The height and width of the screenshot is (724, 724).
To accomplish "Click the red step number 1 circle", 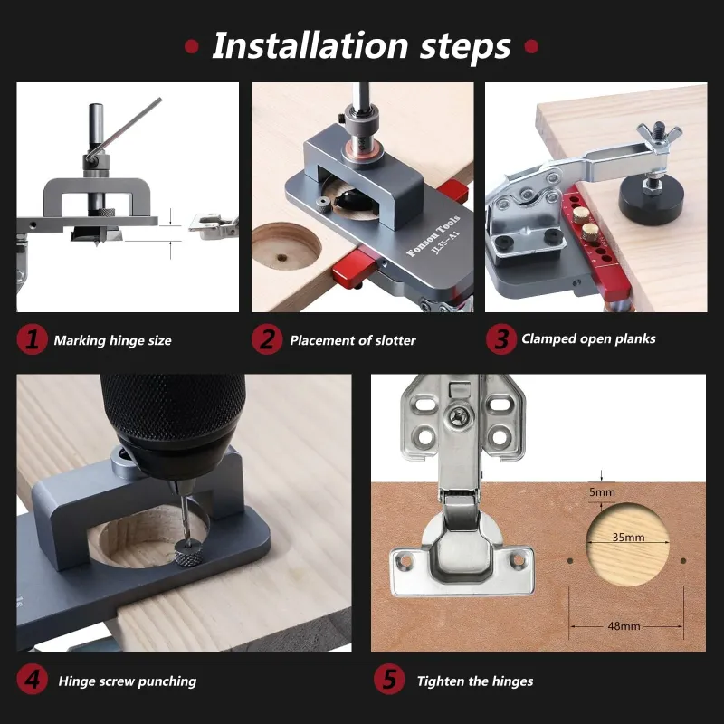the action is coord(33,339).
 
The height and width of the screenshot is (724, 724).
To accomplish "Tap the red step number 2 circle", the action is coord(267,339).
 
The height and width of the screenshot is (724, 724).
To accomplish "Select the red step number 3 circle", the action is coord(501,339).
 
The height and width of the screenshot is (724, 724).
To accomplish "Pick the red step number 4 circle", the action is coord(33,680).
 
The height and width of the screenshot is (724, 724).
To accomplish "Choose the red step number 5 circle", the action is coord(389,680).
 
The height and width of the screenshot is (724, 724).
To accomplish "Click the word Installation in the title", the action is coord(310,46).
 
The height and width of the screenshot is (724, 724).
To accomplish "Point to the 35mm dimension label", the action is coord(628,537).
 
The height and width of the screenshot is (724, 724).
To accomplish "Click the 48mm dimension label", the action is coord(624,626).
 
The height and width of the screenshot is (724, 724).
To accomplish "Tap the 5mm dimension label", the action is coord(602,492).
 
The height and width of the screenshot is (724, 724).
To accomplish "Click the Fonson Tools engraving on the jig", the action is coord(433,235).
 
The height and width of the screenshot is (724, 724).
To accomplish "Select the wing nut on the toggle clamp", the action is coord(659,134).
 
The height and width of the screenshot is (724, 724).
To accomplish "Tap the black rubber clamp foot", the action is coord(651,199).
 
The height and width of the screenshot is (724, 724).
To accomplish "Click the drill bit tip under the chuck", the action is coord(186,537).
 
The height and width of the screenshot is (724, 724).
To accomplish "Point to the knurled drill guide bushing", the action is coord(188,552).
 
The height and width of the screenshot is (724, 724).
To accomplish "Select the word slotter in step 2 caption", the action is coord(395,340).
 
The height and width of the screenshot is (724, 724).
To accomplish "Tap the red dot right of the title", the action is coord(531,46).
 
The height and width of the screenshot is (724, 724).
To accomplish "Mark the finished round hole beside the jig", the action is coord(286,246).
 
